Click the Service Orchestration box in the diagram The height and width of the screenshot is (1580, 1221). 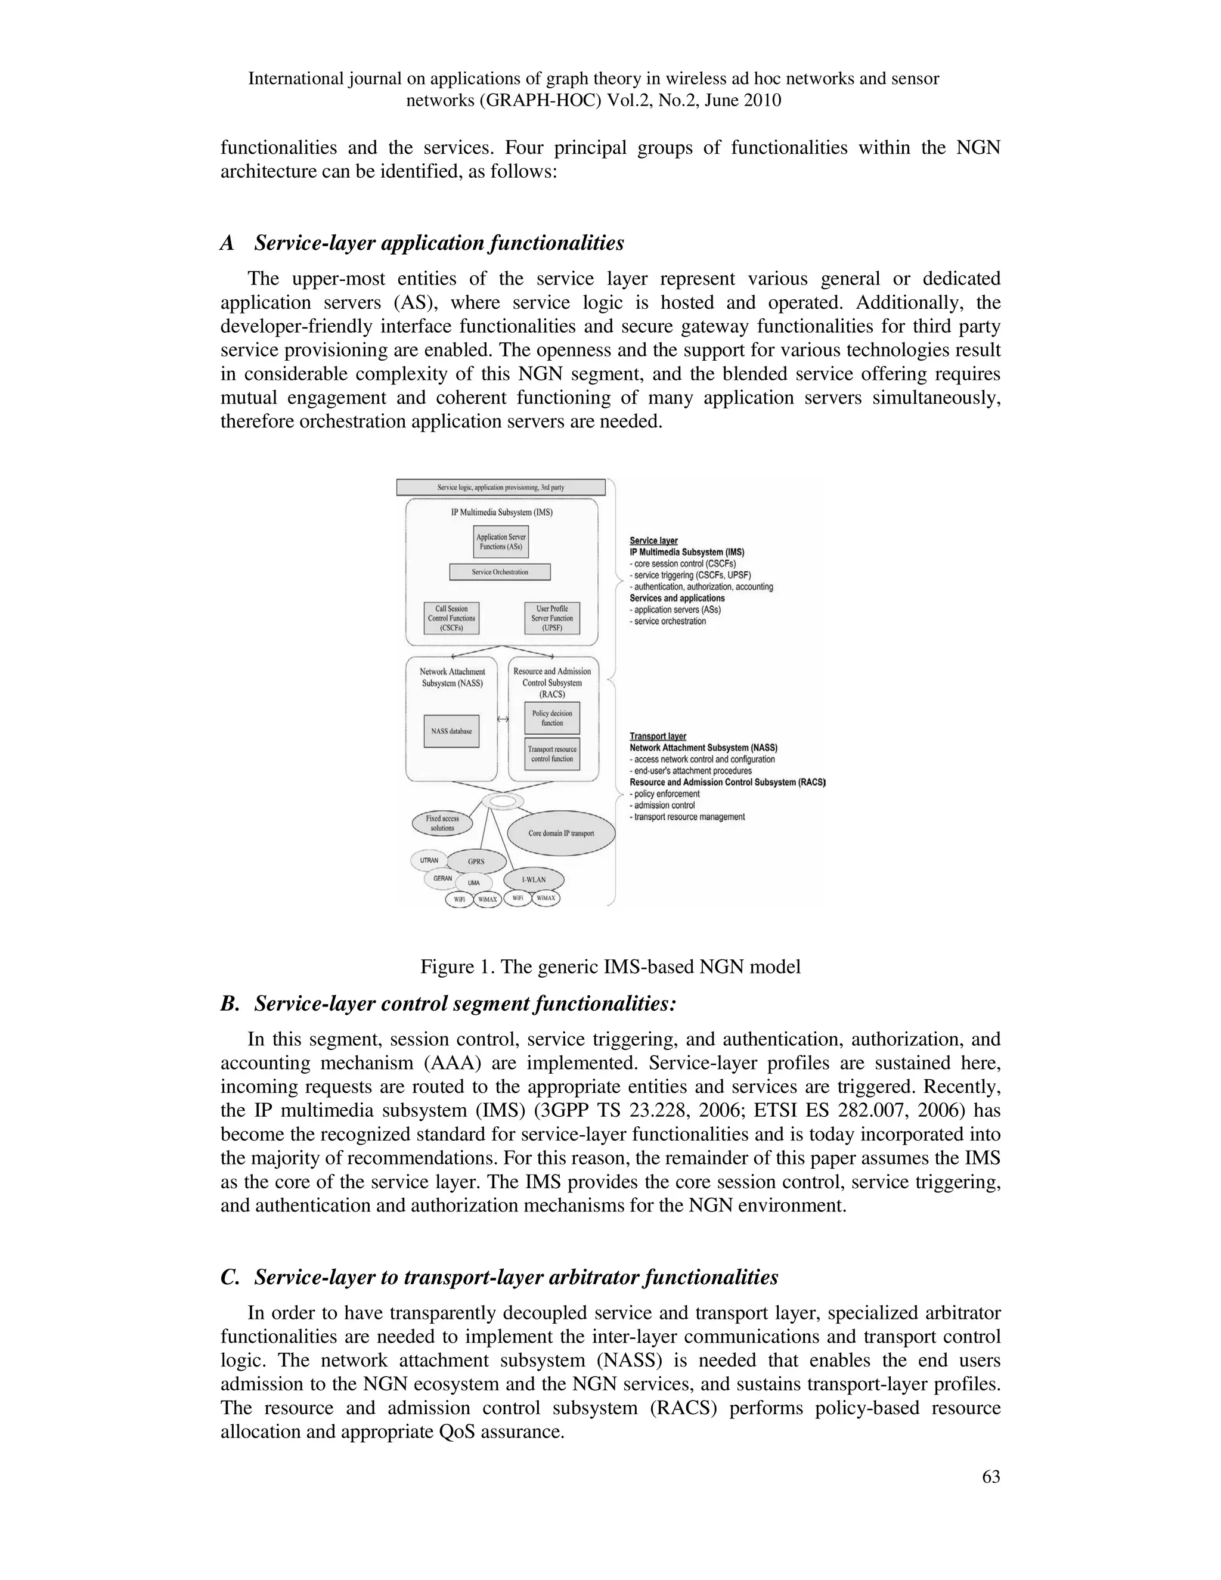point(500,572)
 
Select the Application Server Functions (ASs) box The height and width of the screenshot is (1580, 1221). point(501,542)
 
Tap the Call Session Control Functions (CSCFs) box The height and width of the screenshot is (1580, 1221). point(451,618)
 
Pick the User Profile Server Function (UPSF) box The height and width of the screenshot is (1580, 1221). point(552,618)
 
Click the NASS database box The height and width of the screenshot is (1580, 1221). point(451,732)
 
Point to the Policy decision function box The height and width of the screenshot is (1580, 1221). point(552,718)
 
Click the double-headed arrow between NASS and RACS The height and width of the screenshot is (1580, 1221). point(503,719)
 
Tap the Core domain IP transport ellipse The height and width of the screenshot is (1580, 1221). point(561,834)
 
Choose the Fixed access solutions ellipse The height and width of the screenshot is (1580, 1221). point(442,823)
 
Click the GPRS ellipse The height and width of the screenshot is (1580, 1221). point(475,862)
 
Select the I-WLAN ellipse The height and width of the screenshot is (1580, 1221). point(534,879)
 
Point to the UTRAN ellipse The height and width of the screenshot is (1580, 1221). point(429,860)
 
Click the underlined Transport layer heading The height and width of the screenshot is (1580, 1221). point(658,736)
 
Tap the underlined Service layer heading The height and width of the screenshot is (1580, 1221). point(653,540)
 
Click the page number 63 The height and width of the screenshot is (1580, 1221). point(991,1477)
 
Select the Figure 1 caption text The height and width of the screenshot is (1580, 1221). point(610,966)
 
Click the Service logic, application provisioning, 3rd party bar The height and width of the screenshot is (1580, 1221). point(501,488)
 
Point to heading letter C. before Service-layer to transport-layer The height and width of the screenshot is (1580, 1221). point(230,1278)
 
